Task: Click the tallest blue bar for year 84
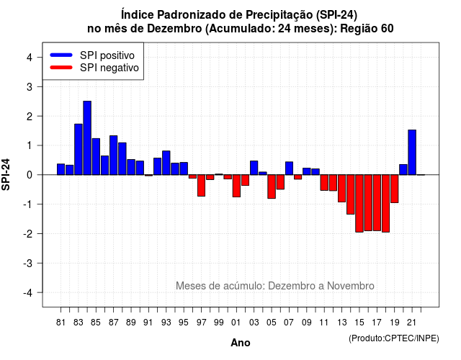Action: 87,138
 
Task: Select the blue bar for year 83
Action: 79,149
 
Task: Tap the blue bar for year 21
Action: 412,152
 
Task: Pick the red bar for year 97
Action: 201,186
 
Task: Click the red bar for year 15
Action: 359,203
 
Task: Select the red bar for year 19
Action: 395,189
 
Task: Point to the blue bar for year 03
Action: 254,168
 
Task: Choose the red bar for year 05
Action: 272,186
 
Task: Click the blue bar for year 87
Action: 114,156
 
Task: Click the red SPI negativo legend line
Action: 61,68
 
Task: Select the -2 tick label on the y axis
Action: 28,233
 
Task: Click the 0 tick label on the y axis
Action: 29,175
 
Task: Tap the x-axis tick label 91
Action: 148,323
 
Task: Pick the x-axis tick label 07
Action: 289,323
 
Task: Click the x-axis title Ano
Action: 240,343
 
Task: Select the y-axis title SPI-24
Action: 6,174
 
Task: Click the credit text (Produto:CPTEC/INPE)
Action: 394,338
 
